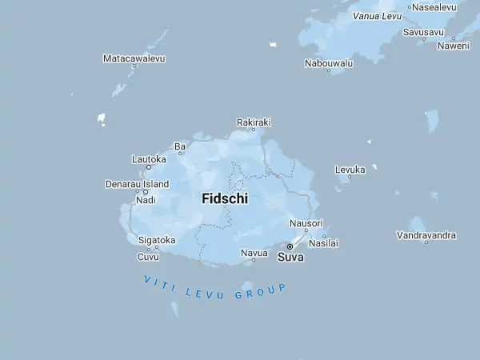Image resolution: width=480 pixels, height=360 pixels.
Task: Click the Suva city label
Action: coord(290,258)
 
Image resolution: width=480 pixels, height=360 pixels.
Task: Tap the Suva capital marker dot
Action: coord(290,246)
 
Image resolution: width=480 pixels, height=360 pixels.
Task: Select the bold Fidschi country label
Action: coord(224,198)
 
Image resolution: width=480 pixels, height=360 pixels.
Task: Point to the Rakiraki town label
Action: coord(254,122)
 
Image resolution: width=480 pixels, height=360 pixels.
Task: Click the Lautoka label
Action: coord(149,159)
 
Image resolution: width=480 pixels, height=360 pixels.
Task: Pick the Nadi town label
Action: coord(146,200)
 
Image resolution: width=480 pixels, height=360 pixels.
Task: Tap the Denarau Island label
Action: coord(137,184)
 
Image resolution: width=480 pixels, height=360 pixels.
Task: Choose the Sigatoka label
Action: coord(157,240)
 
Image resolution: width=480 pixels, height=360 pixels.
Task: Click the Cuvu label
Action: coord(148,257)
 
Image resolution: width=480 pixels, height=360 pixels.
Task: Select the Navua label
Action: coord(254,253)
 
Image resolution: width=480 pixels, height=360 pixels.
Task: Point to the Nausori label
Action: coord(306,223)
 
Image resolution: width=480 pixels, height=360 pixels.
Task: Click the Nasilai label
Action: coord(324,242)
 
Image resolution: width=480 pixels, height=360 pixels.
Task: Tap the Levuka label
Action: coord(350,170)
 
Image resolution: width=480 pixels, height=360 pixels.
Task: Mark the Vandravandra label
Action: coord(426,235)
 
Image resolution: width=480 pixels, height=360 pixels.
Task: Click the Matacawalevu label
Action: coord(134,58)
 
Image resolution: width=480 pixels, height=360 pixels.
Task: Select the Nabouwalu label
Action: coord(329,62)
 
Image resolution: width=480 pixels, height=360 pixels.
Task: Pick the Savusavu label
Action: coord(423,32)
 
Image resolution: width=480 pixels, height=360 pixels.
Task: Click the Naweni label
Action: coord(453,46)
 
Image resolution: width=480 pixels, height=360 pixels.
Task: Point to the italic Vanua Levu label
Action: coord(377,16)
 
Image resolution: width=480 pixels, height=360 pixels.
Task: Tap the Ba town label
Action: coord(180,146)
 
